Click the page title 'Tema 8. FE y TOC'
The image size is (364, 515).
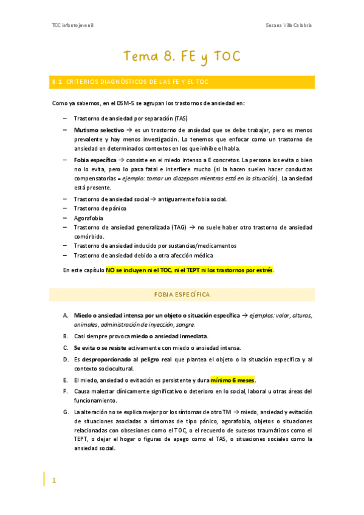click(182, 56)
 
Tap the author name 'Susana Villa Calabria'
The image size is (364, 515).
click(290, 25)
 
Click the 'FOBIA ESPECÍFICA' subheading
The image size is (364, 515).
click(182, 295)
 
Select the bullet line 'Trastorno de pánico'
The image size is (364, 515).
click(100, 208)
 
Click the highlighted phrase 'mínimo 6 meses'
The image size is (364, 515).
click(233, 380)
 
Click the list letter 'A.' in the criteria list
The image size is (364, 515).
click(66, 316)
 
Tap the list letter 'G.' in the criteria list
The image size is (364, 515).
click(66, 412)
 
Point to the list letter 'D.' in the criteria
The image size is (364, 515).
click(66, 360)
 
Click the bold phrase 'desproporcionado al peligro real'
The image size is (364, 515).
click(123, 360)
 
